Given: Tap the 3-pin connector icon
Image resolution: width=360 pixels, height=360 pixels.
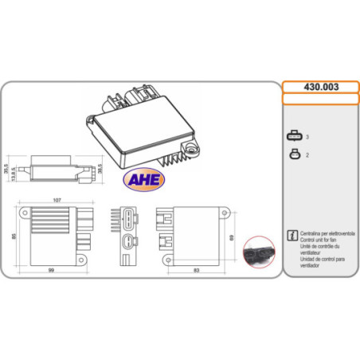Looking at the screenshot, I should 294,137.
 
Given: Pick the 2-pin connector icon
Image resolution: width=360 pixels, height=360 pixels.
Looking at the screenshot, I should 294,155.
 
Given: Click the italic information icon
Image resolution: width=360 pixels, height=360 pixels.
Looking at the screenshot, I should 291,236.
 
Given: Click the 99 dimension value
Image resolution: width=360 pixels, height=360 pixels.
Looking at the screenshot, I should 50,270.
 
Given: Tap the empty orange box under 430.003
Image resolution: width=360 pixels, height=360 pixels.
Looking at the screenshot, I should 319,100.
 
